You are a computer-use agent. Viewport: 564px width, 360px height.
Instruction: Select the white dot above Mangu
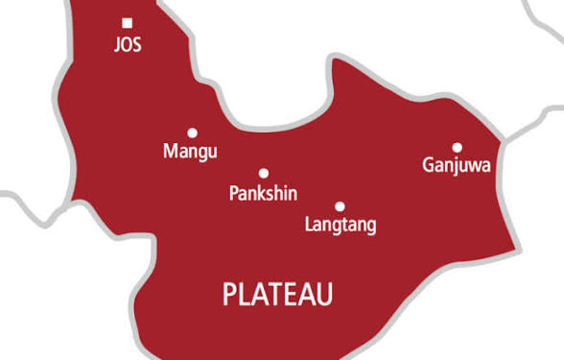click(192, 133)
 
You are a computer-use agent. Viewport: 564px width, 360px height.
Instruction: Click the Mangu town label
click(191, 152)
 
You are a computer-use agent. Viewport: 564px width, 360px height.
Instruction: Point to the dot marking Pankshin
click(264, 174)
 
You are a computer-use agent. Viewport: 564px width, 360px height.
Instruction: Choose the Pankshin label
click(264, 193)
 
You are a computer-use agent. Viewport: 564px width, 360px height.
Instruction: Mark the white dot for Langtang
click(340, 206)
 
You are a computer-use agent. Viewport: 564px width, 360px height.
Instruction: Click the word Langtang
click(340, 226)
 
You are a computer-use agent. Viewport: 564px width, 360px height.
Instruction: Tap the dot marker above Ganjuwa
click(458, 147)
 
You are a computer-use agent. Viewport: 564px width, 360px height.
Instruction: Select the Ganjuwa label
click(457, 165)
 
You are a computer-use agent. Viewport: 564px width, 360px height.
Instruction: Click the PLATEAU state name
click(278, 295)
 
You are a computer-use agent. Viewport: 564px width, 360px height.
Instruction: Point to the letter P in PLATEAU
click(230, 295)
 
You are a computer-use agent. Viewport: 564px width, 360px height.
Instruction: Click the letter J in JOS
click(116, 45)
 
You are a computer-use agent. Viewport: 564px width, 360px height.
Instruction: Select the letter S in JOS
click(137, 45)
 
